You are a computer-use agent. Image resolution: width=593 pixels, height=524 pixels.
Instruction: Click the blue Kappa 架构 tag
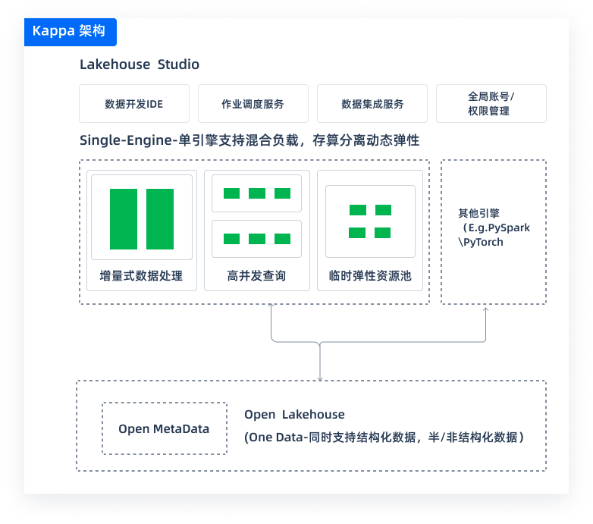tap(70, 32)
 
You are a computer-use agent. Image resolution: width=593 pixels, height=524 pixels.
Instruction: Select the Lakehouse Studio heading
tap(140, 64)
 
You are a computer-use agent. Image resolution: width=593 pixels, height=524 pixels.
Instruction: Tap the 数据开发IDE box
tap(133, 104)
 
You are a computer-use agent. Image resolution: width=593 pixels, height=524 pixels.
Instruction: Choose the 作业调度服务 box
tap(253, 104)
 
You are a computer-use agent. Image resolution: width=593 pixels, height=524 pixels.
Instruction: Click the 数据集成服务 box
tap(372, 104)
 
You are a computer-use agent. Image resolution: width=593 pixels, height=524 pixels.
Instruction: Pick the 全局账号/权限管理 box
tap(491, 104)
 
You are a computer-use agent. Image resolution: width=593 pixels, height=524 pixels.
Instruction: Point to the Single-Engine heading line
tap(249, 141)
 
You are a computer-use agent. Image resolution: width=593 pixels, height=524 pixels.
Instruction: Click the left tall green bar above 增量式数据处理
tap(124, 219)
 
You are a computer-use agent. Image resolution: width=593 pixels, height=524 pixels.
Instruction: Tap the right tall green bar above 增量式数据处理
tap(160, 219)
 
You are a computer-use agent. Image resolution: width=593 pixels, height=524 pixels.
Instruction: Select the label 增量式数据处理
tap(141, 276)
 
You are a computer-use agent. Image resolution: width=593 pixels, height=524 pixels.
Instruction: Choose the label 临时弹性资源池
tap(370, 276)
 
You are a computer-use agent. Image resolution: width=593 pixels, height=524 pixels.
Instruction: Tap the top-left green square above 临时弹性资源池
tap(357, 210)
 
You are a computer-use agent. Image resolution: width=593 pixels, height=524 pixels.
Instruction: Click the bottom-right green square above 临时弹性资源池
tap(383, 233)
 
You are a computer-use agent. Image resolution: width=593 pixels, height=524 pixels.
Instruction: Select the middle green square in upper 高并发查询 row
tap(257, 193)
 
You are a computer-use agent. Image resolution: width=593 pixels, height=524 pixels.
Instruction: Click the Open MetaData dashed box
tap(164, 428)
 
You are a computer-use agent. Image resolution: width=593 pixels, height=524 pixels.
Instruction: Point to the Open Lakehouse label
tap(294, 415)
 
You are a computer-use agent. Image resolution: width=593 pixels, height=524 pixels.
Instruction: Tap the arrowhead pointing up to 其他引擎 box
tap(486, 309)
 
